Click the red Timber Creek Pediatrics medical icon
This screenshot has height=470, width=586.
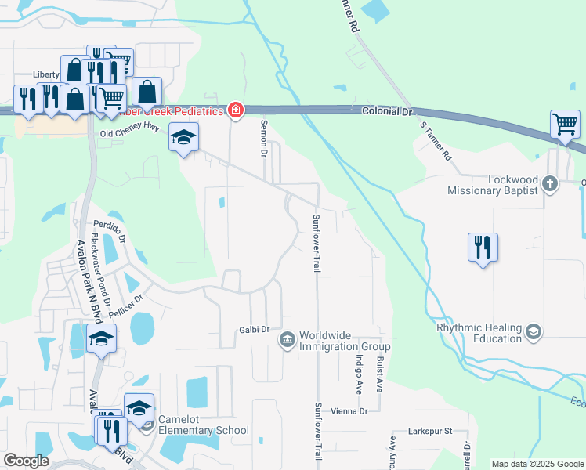coord(235,110)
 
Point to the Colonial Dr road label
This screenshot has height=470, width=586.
coord(386,112)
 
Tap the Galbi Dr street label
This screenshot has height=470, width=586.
coord(254,330)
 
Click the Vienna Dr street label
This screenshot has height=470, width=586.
coord(349,411)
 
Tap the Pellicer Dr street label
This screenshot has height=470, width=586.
coord(129,301)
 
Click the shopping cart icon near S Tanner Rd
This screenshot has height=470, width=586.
coord(565,124)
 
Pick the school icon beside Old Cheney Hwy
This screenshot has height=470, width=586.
coord(183,139)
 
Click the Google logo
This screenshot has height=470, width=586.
coord(26,461)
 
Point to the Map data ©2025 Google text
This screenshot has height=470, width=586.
coord(537,464)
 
